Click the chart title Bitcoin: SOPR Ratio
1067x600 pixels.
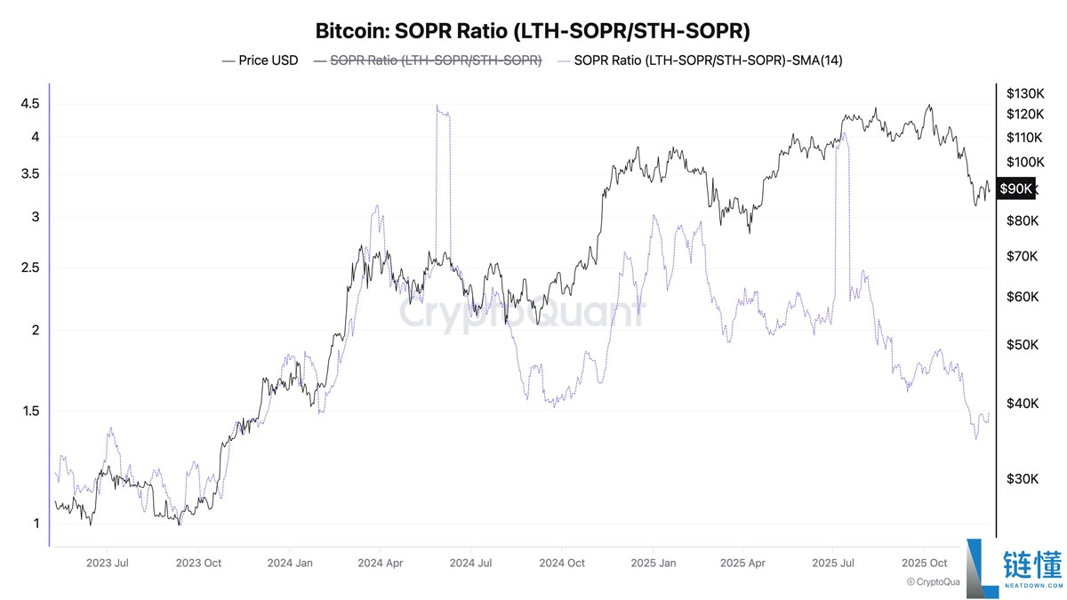tap(533, 31)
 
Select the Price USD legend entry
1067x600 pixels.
tap(261, 60)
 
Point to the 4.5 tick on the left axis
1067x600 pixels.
tap(29, 104)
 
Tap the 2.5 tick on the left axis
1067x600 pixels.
tap(29, 268)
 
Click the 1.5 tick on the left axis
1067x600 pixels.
tap(29, 412)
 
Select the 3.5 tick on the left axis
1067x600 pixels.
tap(29, 174)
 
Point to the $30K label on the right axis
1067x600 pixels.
tap(1023, 479)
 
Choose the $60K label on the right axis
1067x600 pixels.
tap(1023, 297)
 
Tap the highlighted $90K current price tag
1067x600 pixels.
tap(1015, 188)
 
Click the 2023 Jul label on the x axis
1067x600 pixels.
tap(108, 563)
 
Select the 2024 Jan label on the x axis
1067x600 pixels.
tap(291, 563)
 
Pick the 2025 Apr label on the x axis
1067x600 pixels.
tap(742, 563)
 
